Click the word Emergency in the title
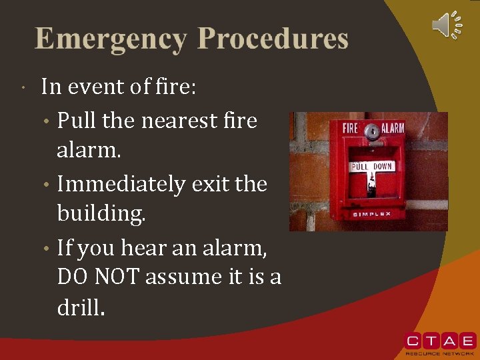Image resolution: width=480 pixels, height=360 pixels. tap(111, 39)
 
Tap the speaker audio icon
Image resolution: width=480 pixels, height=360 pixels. tap(447, 25)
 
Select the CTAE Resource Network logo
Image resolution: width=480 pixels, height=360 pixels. tap(440, 342)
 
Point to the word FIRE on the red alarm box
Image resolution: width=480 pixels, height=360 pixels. tap(351, 128)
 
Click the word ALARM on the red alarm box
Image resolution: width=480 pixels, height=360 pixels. tap(393, 128)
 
